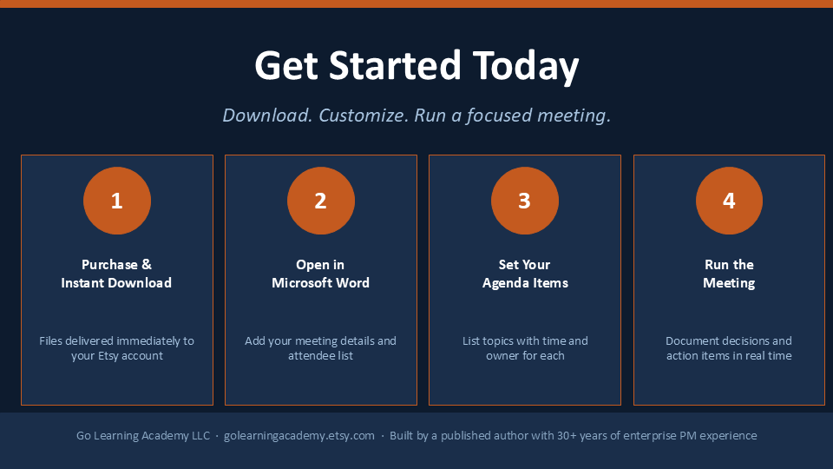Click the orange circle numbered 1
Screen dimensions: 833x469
[117, 201]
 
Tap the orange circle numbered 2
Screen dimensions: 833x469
[321, 201]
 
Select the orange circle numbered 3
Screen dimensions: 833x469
[525, 201]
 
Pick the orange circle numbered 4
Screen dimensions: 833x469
[729, 201]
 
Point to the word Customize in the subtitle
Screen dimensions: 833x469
[364, 116]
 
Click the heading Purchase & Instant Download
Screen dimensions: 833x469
[116, 274]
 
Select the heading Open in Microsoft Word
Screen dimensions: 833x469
[320, 274]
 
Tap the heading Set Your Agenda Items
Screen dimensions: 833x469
[525, 274]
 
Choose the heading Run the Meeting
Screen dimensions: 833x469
[729, 274]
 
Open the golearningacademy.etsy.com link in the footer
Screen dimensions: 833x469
[299, 435]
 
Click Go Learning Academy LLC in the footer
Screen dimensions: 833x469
[143, 435]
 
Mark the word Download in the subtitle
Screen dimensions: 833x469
[267, 116]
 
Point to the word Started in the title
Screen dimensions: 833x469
[395, 66]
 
